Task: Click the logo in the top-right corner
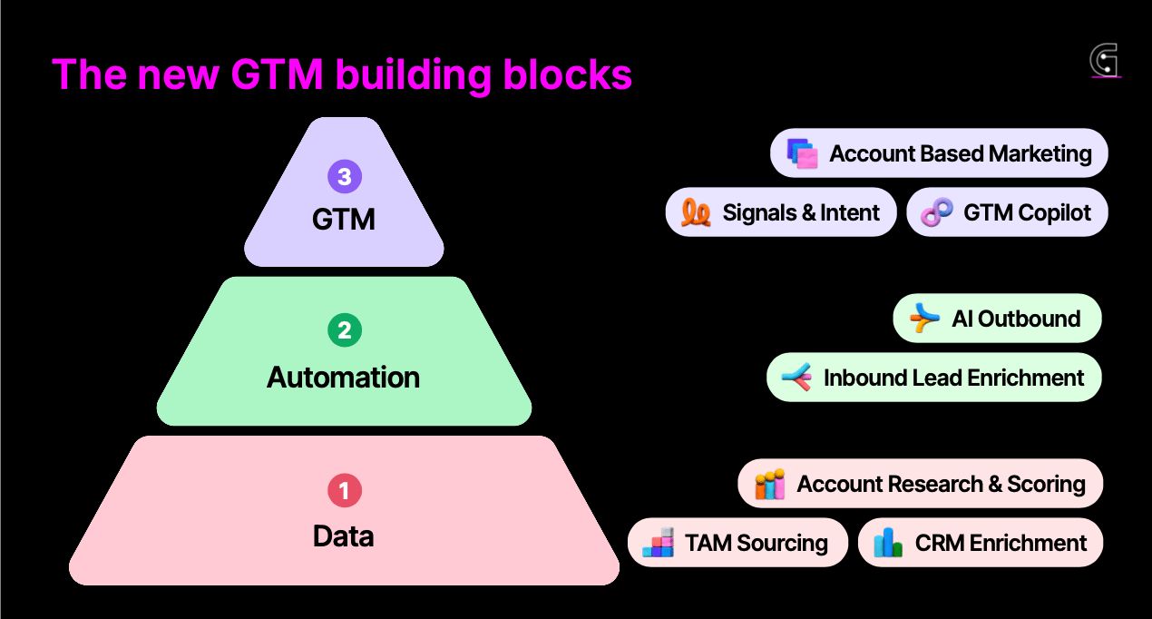point(1104,61)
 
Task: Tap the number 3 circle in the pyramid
point(345,175)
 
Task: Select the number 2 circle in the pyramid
point(345,331)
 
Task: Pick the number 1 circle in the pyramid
point(345,491)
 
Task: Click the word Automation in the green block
point(344,378)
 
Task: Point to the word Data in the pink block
point(344,536)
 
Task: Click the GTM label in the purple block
point(344,219)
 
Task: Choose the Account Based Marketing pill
point(939,153)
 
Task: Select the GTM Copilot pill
point(1007,212)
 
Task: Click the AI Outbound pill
point(997,319)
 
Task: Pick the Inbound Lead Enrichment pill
point(933,378)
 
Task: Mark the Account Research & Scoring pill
point(920,484)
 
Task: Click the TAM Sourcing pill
point(737,543)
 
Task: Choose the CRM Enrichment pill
point(980,543)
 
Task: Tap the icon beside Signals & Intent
point(696,212)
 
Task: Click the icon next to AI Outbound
point(924,319)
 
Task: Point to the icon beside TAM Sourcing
point(659,543)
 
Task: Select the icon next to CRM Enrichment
point(888,543)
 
